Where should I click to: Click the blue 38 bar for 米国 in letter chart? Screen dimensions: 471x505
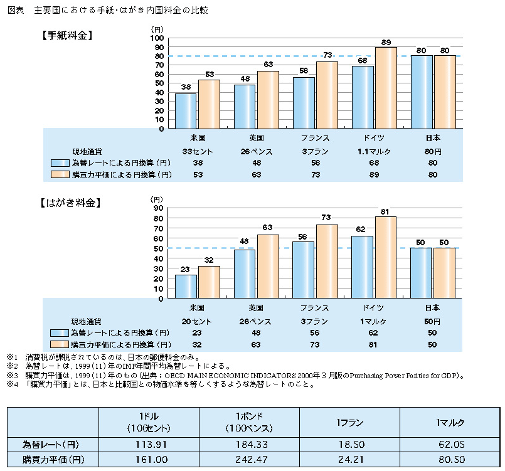[186, 111]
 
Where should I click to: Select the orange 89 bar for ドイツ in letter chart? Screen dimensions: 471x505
[386, 88]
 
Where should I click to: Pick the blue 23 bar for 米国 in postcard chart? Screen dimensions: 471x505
[186, 286]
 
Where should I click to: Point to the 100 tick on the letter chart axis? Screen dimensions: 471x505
[157, 38]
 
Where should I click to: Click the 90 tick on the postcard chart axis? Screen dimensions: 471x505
[158, 208]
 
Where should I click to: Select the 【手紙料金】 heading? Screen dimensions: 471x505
[66, 36]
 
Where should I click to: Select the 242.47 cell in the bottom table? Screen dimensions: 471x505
[248, 460]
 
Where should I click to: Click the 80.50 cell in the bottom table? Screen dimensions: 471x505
[449, 460]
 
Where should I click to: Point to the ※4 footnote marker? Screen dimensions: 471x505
[11, 384]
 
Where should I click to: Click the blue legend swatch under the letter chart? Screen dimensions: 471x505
[60, 162]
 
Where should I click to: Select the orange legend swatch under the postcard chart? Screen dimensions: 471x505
[60, 344]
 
